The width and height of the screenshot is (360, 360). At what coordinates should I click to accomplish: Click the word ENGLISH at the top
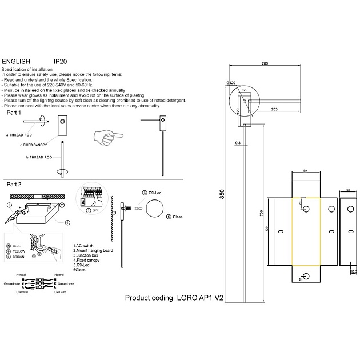click(16, 60)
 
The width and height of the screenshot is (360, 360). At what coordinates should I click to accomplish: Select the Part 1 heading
click(14, 114)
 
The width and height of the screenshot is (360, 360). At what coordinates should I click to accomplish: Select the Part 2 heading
click(14, 185)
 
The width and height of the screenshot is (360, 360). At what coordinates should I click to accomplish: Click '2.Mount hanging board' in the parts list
click(93, 250)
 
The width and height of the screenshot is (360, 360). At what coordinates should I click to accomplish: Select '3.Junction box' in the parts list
click(88, 255)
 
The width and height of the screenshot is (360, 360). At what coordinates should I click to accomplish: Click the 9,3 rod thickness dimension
click(237, 142)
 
